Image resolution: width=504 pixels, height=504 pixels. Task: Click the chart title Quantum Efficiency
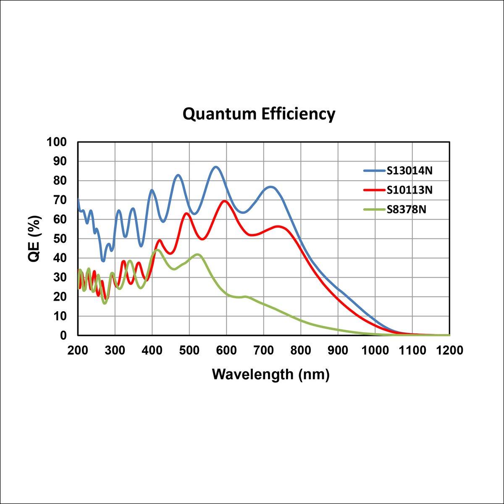259,114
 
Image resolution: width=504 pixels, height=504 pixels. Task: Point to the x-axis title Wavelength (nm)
270,374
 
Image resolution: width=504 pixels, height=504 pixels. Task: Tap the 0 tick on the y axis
64,336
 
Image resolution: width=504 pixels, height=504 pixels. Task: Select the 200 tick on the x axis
78,350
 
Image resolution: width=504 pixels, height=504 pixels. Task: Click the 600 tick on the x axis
226,350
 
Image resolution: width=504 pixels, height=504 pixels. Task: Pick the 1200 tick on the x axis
449,350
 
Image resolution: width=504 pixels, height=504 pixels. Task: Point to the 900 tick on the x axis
338,350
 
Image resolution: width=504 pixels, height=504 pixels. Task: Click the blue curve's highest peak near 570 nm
216,167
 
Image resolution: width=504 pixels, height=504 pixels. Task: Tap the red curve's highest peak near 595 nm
225,201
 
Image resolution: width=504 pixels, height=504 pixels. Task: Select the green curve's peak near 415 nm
157,250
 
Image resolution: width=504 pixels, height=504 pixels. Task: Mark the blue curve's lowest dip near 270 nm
103,261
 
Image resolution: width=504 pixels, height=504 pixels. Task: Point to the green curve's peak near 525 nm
198,255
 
